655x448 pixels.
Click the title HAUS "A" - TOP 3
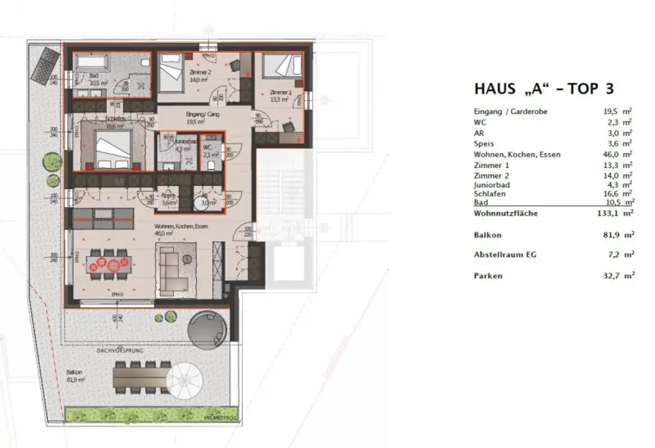[544, 89]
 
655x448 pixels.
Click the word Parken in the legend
[488, 276]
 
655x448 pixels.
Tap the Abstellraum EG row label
[505, 254]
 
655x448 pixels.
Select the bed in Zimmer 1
[283, 66]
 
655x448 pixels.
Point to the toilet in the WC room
[212, 164]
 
